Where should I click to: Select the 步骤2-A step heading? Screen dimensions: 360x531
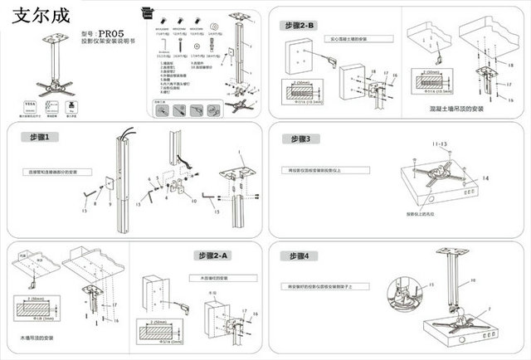point(215,255)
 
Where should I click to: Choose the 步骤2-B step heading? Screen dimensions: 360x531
point(300,25)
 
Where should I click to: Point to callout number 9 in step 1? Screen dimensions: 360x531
point(107,202)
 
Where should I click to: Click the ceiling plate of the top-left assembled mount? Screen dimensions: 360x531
point(58,36)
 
